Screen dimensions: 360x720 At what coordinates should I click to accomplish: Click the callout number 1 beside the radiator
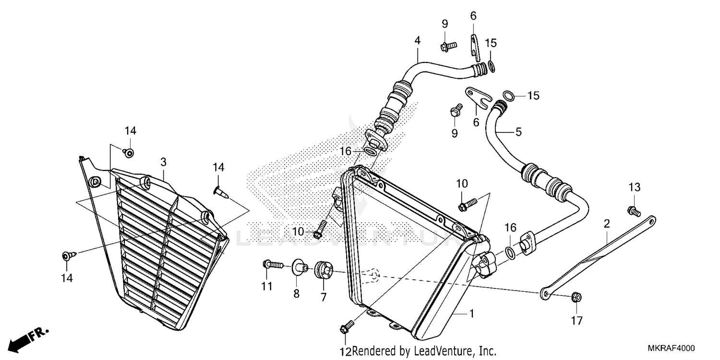click(471, 314)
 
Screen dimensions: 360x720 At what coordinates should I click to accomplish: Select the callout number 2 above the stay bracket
click(607, 224)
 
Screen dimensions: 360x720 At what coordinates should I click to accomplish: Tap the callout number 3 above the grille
click(164, 162)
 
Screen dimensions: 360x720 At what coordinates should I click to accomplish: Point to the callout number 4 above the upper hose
click(418, 41)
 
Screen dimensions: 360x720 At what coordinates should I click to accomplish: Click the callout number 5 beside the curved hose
click(518, 132)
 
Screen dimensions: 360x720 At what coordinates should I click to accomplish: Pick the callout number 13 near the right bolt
click(635, 187)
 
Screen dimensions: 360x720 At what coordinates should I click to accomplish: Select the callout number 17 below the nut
click(576, 321)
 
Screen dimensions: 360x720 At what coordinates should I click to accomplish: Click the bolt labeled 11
click(272, 264)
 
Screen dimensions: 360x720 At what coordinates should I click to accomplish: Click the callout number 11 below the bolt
click(267, 287)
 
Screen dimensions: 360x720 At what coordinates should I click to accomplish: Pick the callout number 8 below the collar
click(296, 293)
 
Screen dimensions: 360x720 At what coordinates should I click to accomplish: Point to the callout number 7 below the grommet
click(324, 298)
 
